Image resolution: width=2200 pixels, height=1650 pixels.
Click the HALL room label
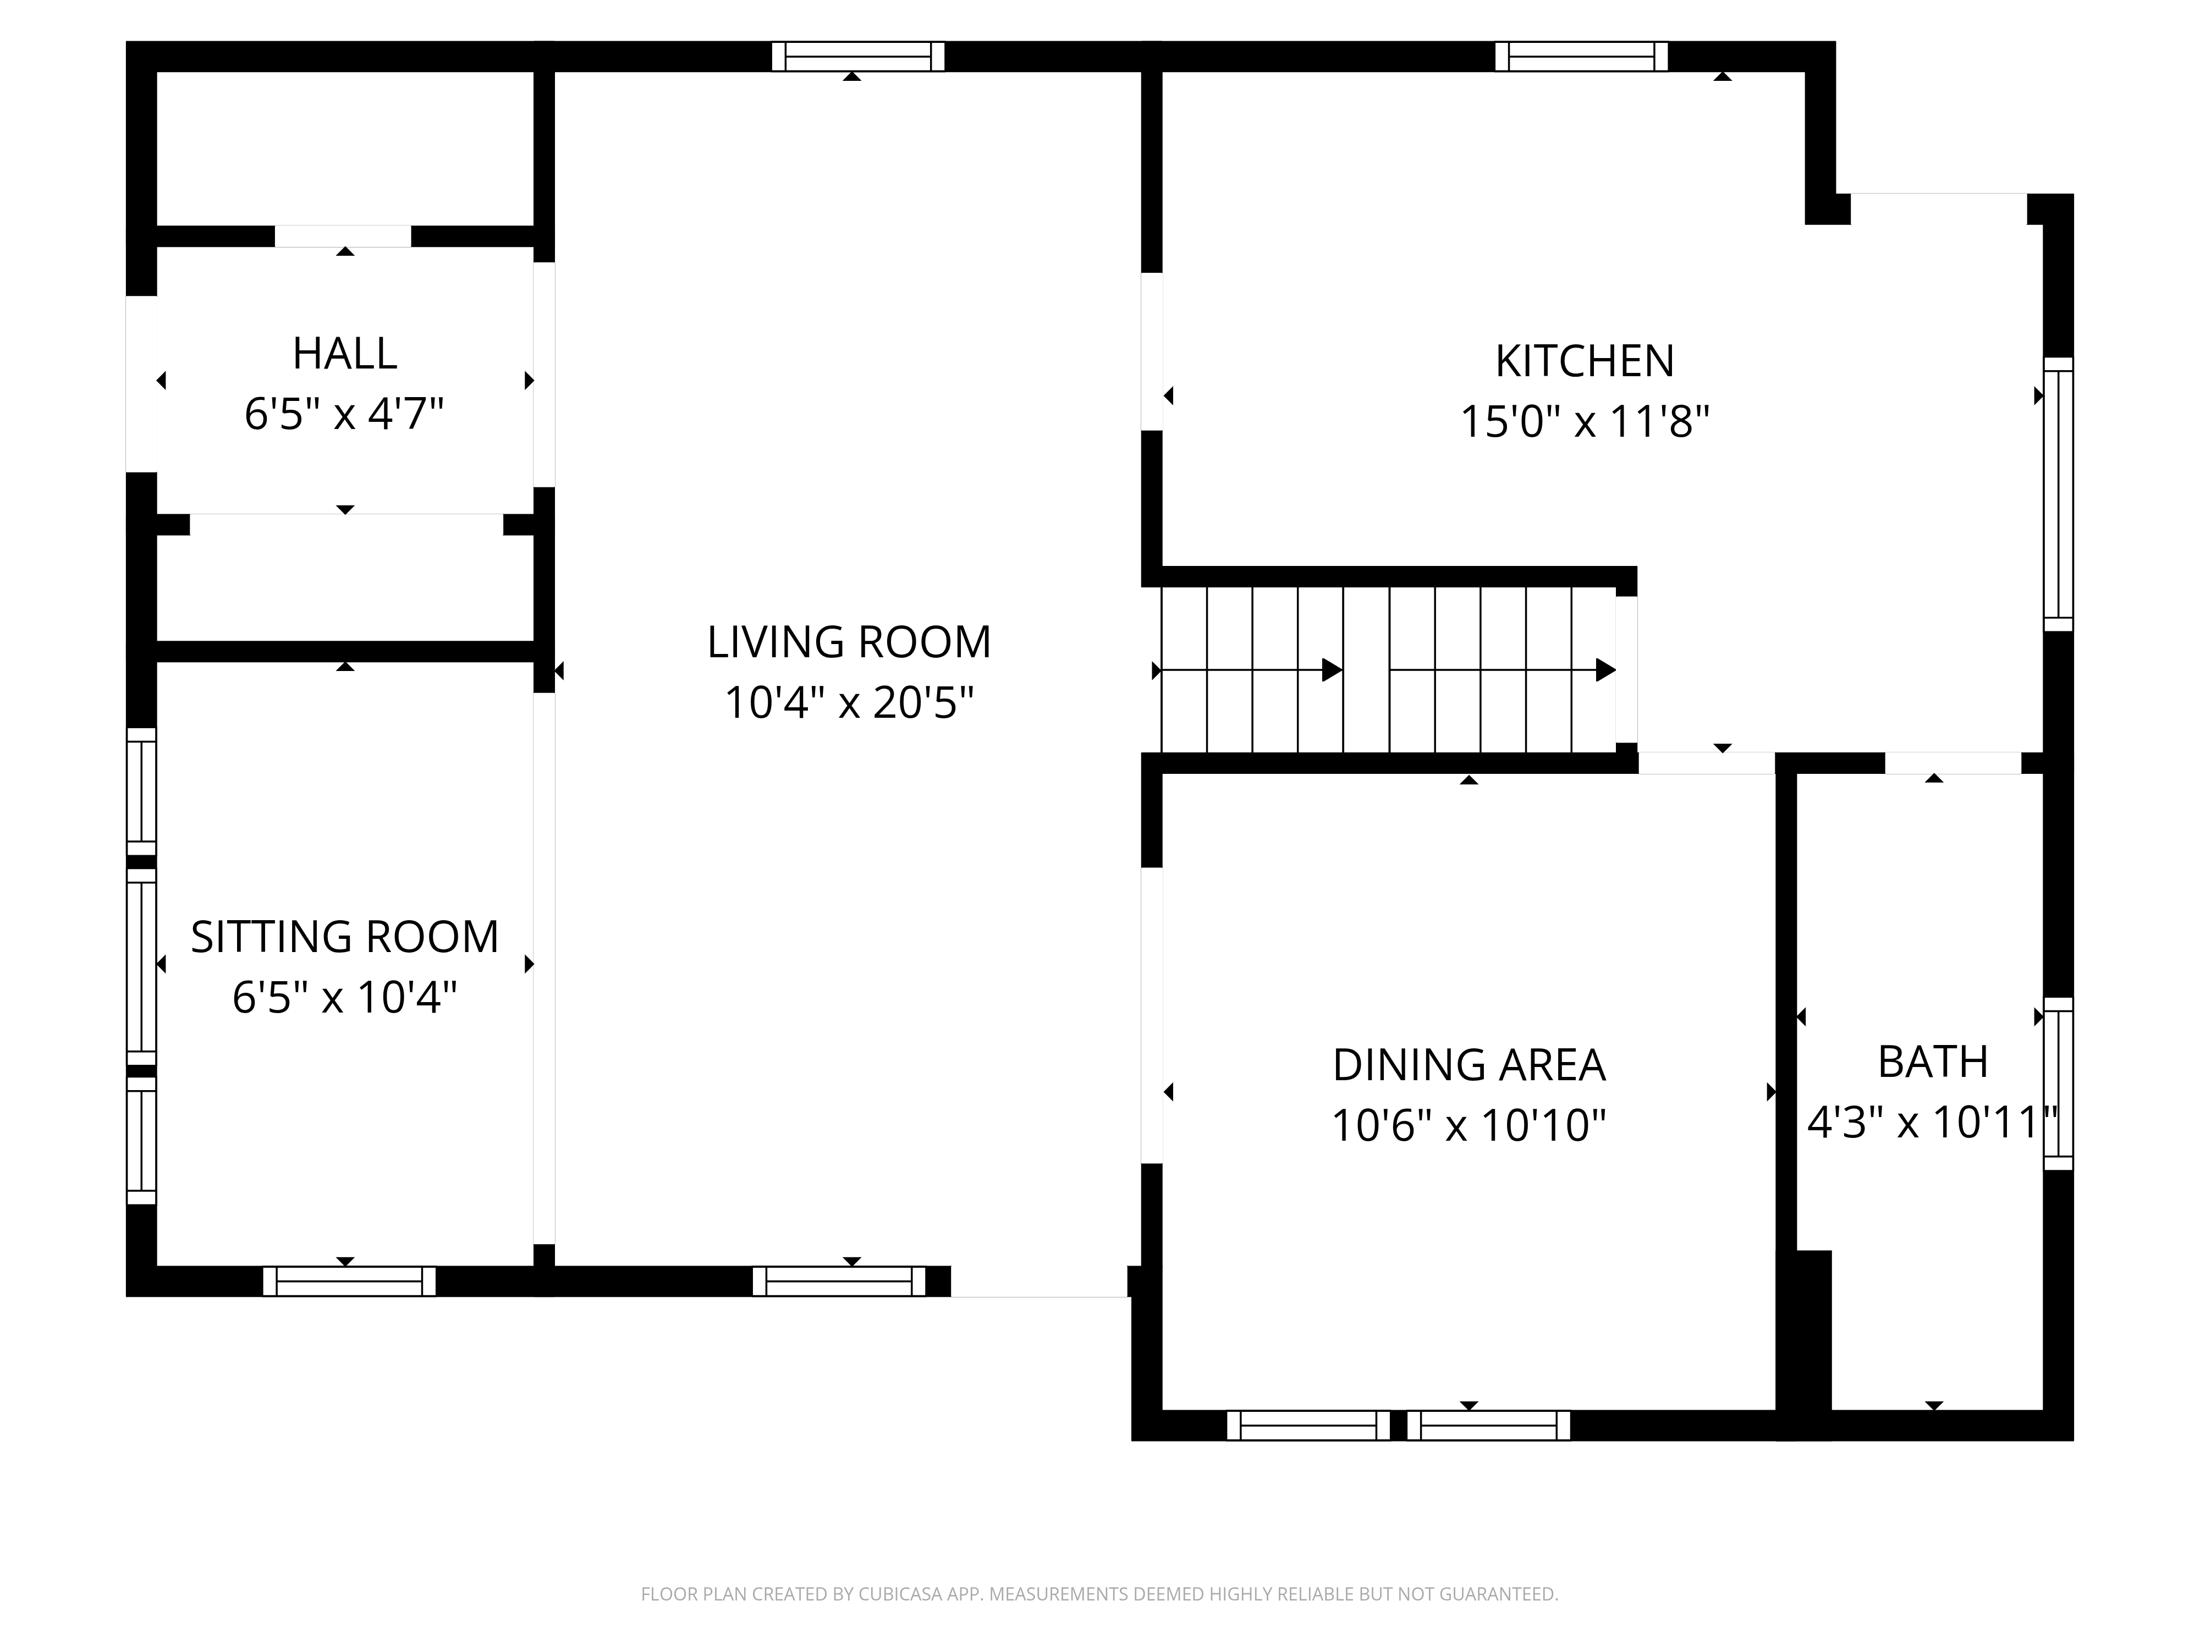(x=344, y=353)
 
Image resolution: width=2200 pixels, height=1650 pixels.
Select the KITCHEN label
(x=1585, y=361)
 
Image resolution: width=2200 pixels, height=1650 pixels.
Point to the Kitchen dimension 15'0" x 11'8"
(x=1585, y=422)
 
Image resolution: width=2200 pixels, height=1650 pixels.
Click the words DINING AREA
(x=1469, y=1065)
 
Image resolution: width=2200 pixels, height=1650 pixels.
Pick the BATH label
(x=1933, y=1062)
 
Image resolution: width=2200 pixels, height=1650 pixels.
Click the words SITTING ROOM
(x=344, y=937)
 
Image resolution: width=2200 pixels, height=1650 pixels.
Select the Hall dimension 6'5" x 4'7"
(x=344, y=414)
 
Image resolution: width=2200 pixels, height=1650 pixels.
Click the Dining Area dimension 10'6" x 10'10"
(x=1469, y=1126)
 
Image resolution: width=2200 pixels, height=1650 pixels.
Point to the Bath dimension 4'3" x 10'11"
(x=1933, y=1123)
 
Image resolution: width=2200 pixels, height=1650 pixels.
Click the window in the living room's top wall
(x=859, y=57)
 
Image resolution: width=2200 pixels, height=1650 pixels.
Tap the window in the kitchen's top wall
(x=1581, y=57)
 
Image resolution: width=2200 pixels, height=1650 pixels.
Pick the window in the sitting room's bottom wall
(x=349, y=1281)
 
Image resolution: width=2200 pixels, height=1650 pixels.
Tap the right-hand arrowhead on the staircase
(x=1605, y=670)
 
